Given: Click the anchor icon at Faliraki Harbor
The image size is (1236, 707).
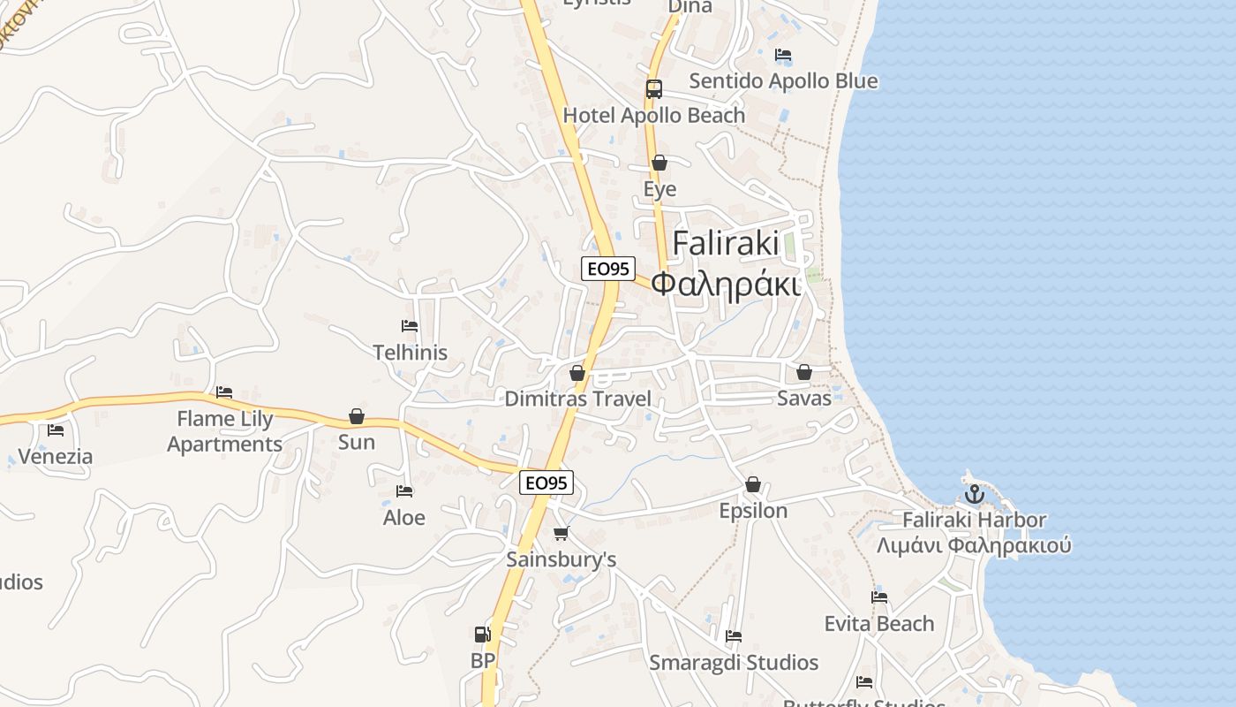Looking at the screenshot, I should tap(974, 494).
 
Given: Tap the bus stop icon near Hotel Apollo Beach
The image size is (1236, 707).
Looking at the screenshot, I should tap(653, 89).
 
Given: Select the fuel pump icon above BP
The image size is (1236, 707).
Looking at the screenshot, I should tap(482, 634).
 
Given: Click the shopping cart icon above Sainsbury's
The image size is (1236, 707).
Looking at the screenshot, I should tap(561, 533).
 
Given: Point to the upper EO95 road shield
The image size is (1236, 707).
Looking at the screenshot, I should tap(608, 269).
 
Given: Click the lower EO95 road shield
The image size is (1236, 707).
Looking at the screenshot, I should tap(546, 483).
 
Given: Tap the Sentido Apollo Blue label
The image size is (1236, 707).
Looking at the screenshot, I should tap(783, 81).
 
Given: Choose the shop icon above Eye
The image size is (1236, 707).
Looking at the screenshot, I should tap(659, 163).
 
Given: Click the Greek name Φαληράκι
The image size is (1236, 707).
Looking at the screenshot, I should tap(726, 285).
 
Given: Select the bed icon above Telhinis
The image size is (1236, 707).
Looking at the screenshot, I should tap(409, 326).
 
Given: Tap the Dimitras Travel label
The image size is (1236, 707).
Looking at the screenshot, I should tap(577, 399).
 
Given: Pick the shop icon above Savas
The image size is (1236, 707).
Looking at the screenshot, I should tap(803, 372).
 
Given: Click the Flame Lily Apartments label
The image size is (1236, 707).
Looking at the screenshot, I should tap(225, 431).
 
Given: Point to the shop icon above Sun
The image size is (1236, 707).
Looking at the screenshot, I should tap(357, 416).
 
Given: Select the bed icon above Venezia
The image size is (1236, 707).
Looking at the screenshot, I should tap(56, 430).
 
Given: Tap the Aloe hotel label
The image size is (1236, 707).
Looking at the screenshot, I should tap(404, 518).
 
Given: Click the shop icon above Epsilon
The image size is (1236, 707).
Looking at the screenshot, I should tap(753, 484).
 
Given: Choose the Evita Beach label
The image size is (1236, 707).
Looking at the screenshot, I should tap(878, 624).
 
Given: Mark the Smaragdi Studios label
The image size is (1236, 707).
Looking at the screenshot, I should tap(734, 663).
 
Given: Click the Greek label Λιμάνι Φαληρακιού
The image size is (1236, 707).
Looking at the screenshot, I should tap(974, 545).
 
